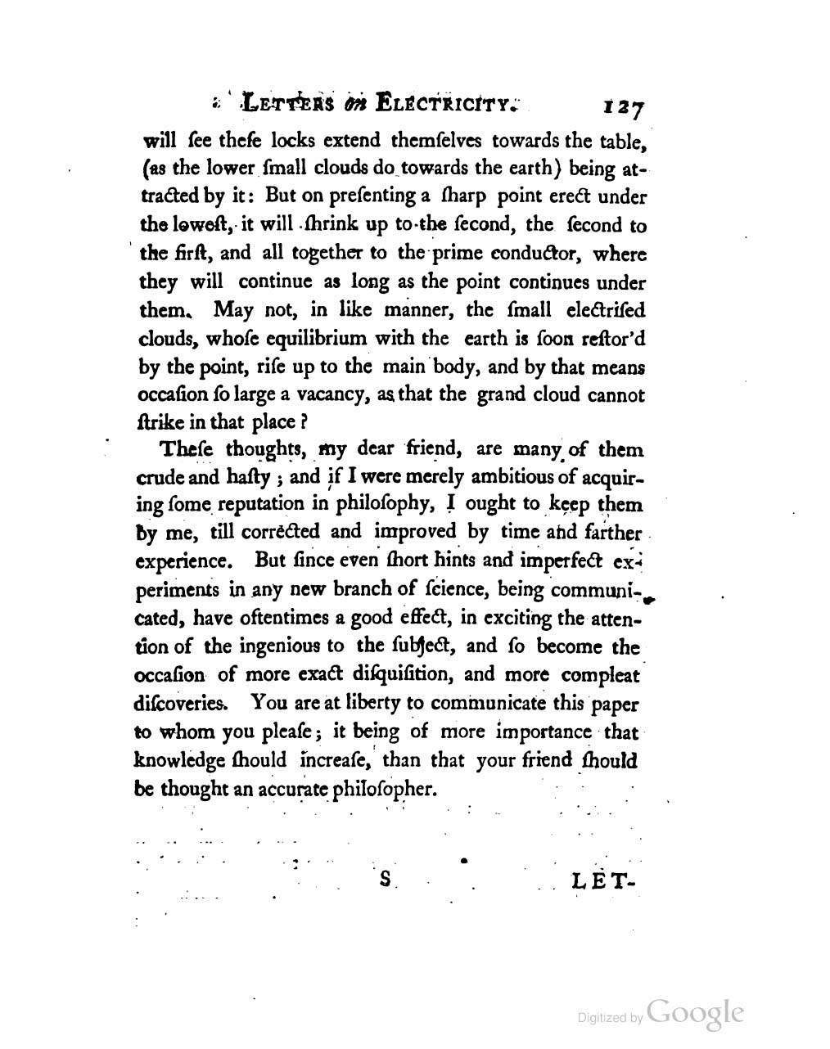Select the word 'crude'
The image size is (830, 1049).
point(159,478)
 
